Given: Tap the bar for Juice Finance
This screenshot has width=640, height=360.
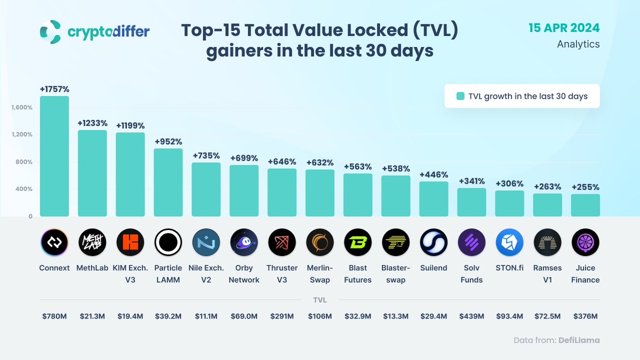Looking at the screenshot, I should tap(585, 205).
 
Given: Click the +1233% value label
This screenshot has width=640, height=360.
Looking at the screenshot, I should tap(92, 123).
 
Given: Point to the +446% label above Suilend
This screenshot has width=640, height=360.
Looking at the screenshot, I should tap(434, 174).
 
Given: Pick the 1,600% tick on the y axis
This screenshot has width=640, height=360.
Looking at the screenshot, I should tap(22, 107).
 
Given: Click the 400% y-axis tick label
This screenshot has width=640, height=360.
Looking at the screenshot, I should tap(24, 189).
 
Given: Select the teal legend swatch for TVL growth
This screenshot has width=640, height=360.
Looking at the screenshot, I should tap(460, 97).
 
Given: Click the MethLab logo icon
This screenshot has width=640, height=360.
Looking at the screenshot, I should tap(92, 243).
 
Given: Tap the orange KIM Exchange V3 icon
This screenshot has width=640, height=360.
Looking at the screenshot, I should tap(130, 243).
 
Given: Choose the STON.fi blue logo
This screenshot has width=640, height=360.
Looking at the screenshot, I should tap(509, 243).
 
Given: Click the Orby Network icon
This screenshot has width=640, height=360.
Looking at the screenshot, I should tap(244, 243).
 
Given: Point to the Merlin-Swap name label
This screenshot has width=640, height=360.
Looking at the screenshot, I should tap(320, 274).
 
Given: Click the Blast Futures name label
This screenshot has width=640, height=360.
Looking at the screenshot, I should tap(358, 274).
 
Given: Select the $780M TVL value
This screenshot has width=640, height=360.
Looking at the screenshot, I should tap(54, 316).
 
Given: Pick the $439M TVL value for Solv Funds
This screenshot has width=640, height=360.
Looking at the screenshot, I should tap(471, 316).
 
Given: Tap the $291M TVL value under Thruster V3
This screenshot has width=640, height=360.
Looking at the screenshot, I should tap(282, 316).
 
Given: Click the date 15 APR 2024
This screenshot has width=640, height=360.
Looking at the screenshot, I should tap(564, 28).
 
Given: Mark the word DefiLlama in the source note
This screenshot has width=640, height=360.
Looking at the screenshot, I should tap(579, 340).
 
